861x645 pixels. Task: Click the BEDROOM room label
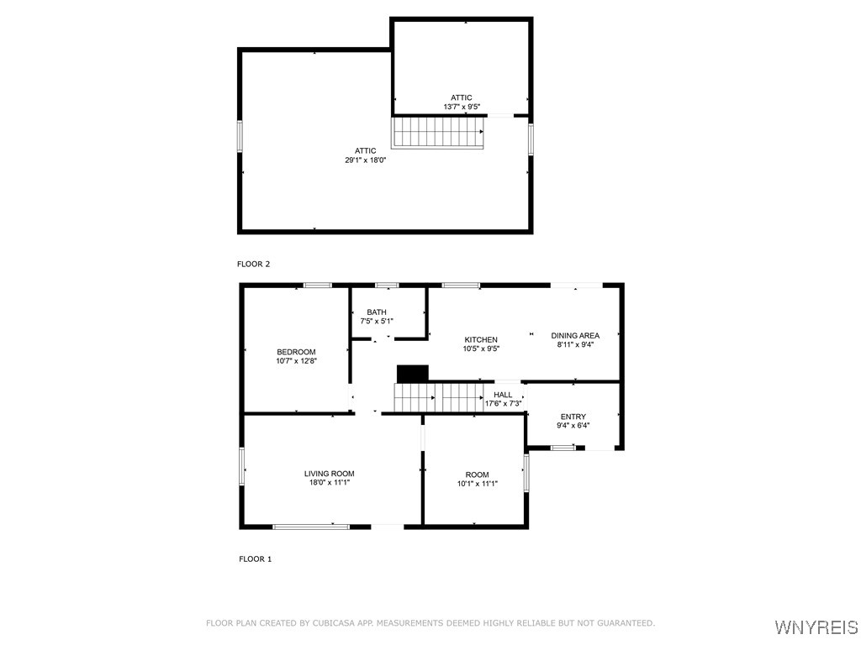296,352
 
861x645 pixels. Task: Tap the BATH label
376,312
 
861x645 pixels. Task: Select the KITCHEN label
481,339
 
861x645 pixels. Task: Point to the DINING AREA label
575,336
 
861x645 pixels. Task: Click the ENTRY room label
573,417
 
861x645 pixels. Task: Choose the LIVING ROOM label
329,474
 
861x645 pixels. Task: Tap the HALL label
503,395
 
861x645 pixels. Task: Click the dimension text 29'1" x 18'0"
365,160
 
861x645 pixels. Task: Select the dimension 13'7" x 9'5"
462,107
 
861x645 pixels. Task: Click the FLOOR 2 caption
253,264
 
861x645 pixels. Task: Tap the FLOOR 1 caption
255,558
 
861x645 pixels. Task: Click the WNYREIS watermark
816,627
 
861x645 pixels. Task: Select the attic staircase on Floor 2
438,133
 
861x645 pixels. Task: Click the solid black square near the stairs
413,373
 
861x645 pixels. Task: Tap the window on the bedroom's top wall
317,286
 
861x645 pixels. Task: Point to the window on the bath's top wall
387,286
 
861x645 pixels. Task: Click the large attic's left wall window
240,136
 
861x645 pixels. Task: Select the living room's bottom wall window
311,527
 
